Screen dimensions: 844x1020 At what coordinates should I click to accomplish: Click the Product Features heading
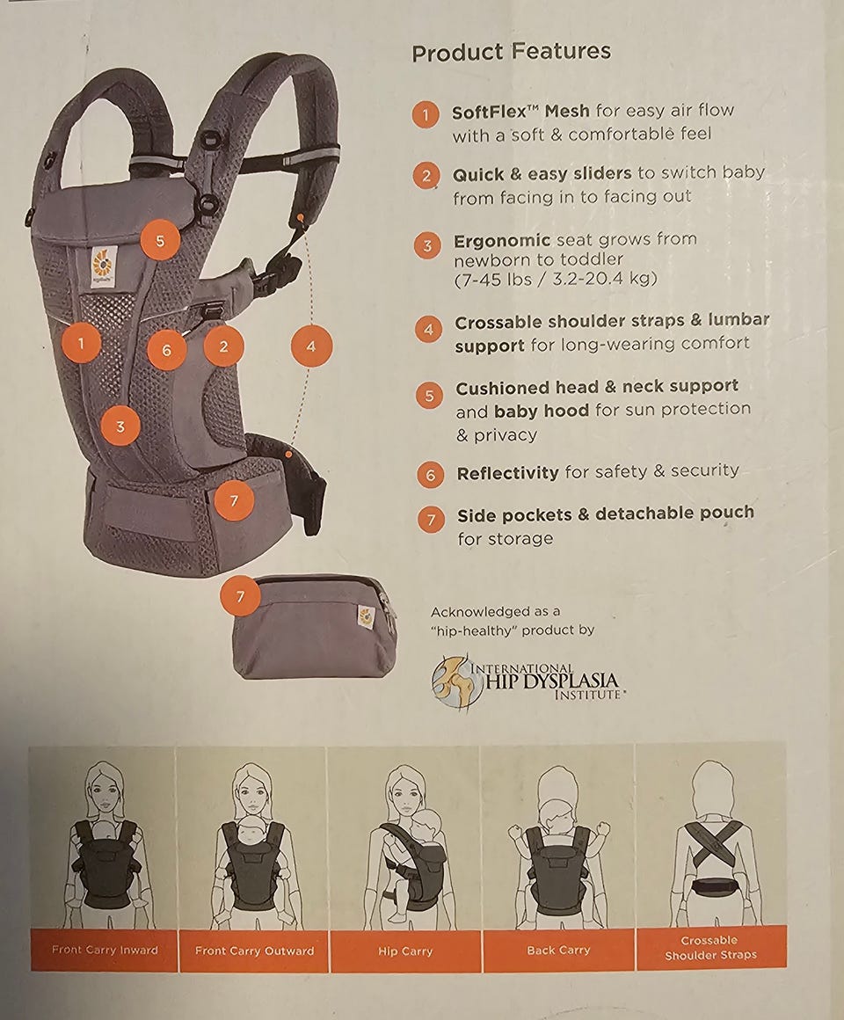pos(511,52)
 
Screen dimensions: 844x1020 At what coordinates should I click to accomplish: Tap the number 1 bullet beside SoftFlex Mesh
pos(426,115)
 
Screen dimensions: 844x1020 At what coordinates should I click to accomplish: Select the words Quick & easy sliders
pos(542,174)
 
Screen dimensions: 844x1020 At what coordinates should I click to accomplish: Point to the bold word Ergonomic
pos(502,241)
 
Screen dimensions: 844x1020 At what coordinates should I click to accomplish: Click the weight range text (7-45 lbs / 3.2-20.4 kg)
pos(556,279)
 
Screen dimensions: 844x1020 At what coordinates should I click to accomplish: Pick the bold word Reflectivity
pos(507,473)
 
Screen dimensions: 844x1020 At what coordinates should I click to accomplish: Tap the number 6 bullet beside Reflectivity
pos(430,475)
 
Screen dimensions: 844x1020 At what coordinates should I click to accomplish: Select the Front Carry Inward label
pos(105,950)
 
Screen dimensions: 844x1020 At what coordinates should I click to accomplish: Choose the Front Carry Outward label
pos(254,951)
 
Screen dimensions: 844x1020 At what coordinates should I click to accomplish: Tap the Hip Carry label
pos(405,951)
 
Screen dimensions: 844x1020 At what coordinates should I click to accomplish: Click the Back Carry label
pos(558,951)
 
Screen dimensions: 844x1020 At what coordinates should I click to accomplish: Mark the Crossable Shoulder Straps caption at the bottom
pos(710,948)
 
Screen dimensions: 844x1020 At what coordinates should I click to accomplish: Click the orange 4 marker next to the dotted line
pos(311,346)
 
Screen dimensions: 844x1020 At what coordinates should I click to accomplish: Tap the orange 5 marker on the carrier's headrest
pos(160,241)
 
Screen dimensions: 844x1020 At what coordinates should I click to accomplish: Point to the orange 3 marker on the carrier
pos(120,426)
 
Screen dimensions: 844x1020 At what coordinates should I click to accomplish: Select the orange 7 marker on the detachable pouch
pos(241,596)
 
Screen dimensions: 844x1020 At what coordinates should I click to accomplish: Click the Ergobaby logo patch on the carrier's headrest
pos(104,266)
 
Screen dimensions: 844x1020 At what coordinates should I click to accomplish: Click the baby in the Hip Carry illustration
pos(410,859)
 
